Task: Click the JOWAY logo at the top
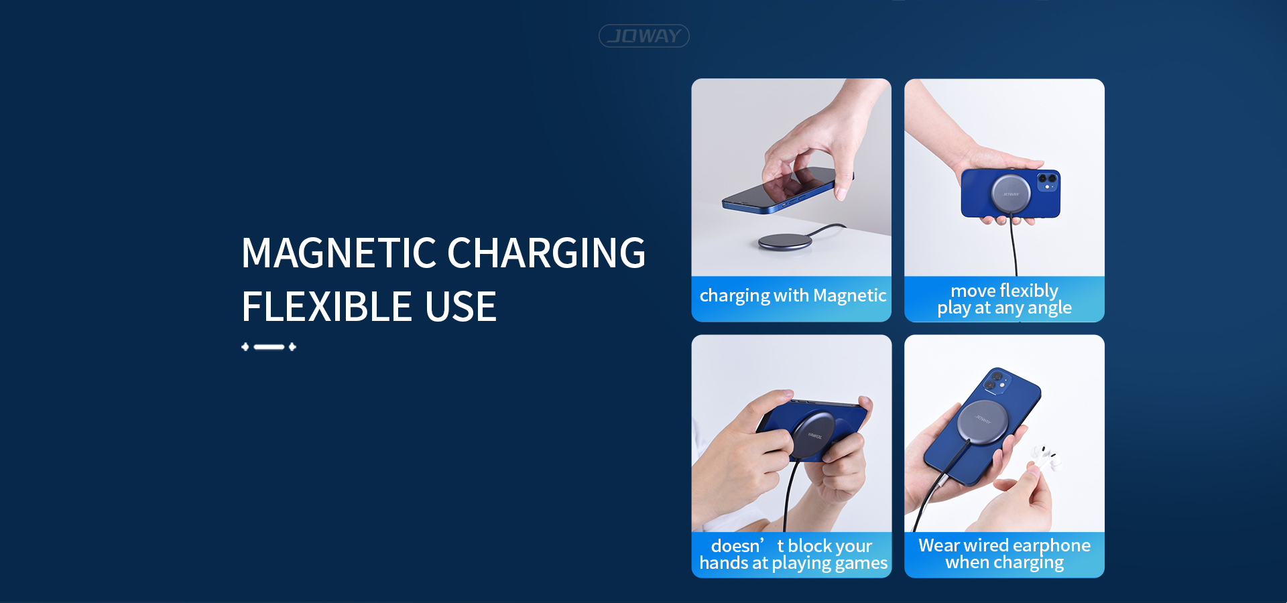(x=643, y=36)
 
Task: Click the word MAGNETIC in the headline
(x=339, y=253)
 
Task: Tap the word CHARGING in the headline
(x=546, y=253)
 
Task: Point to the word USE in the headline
(x=461, y=307)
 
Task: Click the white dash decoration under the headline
(x=269, y=346)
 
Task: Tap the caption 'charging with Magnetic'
(x=793, y=295)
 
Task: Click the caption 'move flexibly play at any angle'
(x=1004, y=299)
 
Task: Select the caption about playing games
(x=793, y=554)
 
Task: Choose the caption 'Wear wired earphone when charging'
(x=1004, y=553)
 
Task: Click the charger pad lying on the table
(x=785, y=241)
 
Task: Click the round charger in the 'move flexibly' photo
(x=1011, y=194)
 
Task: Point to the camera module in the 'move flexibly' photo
(x=1048, y=182)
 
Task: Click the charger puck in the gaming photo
(x=813, y=436)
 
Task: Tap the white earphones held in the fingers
(x=1045, y=458)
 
